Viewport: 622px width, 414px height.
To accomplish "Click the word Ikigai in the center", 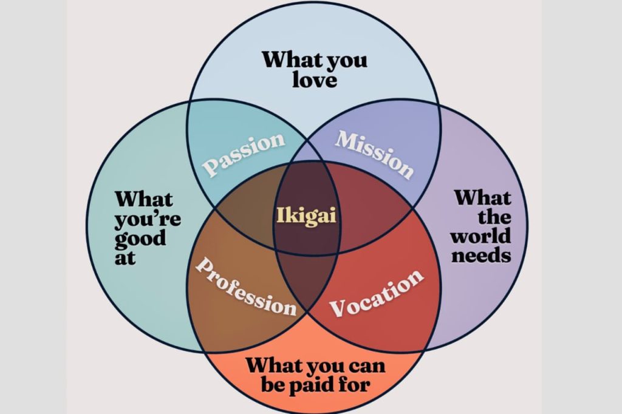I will [306, 215].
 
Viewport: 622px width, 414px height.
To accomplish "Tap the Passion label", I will [243, 154].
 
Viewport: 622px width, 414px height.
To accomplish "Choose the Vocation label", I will [377, 293].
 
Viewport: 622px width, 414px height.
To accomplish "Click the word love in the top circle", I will [314, 80].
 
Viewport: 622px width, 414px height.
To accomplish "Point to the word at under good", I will [125, 257].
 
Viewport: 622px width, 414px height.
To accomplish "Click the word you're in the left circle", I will [148, 218].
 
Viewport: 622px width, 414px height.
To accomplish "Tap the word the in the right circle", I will [494, 217].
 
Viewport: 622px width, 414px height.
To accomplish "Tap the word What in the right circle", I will [483, 197].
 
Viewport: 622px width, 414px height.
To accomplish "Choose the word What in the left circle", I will [144, 199].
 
